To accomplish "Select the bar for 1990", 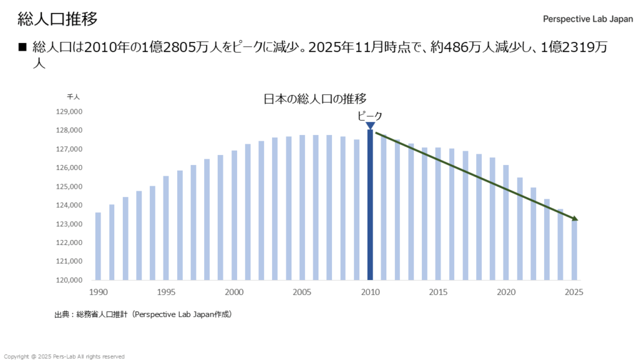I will click(98, 246).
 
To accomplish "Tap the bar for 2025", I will click(574, 250).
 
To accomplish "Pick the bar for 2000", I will click(234, 215).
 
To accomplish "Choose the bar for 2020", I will click(506, 222).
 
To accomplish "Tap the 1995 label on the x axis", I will click(166, 292).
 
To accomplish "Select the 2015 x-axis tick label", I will click(438, 292).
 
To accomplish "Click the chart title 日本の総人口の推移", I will click(315, 98).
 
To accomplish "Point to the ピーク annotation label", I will click(369, 115).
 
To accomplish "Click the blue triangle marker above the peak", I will click(370, 126).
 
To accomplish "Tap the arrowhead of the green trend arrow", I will click(575, 219).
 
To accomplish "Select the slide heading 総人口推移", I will click(57, 19).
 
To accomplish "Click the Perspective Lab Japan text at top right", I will click(588, 19).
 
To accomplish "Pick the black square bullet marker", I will click(22, 47).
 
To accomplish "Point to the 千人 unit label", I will click(74, 97).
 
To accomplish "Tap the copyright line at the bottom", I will click(64, 356).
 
